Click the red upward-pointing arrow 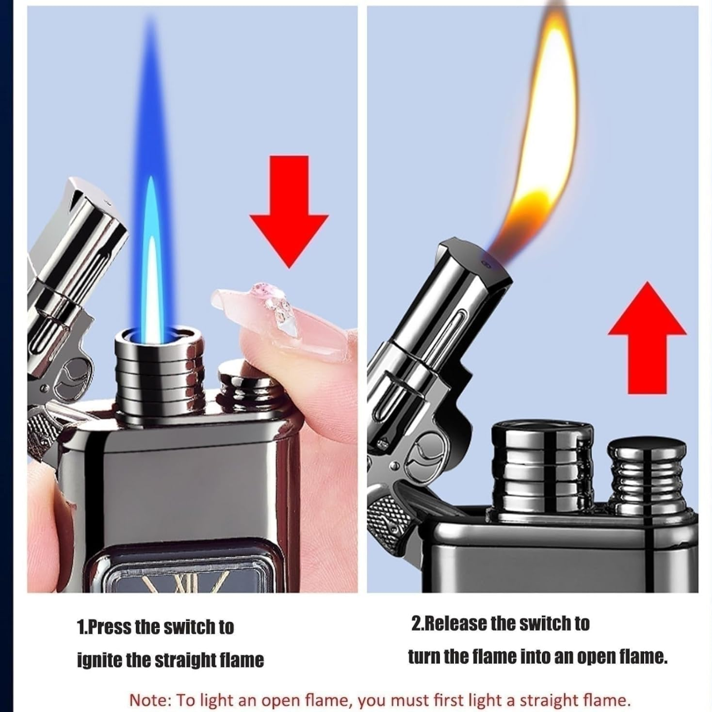point(647,338)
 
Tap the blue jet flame point(151,185)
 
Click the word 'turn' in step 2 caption point(424,657)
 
